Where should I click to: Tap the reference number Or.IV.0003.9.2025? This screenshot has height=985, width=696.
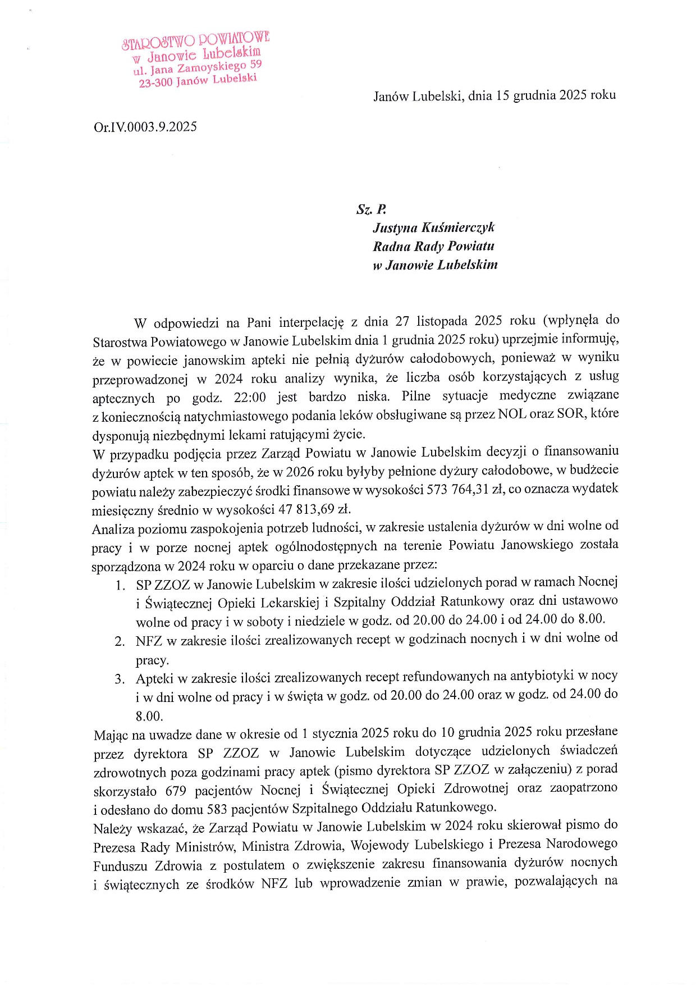[x=145, y=127]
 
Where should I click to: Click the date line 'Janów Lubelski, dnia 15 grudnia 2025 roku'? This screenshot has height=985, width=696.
[x=494, y=95]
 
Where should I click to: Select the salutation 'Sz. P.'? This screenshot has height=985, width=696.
[x=371, y=209]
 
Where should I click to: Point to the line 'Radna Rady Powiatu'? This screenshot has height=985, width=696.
[x=433, y=246]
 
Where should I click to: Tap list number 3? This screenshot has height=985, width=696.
[x=120, y=679]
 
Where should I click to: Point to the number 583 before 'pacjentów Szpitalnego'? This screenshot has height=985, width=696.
[x=217, y=809]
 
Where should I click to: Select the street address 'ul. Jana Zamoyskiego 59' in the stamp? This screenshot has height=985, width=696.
[x=198, y=68]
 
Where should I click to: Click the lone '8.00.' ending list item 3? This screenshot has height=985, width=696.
[x=149, y=716]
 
